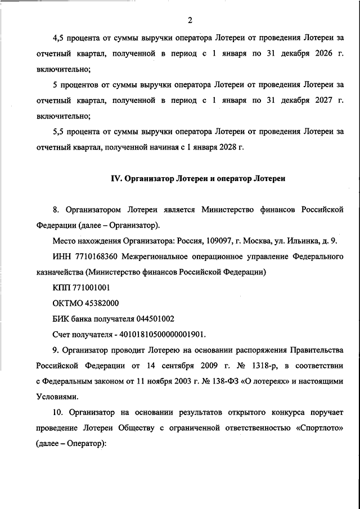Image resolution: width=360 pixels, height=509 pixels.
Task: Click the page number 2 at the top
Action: (190, 21)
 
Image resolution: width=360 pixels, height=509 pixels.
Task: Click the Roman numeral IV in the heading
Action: (114, 179)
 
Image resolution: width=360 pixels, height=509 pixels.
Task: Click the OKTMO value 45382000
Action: (97, 303)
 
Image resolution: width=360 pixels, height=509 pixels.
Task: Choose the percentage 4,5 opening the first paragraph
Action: (58, 39)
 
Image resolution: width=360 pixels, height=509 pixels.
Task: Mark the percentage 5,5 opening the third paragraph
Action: (58, 133)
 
